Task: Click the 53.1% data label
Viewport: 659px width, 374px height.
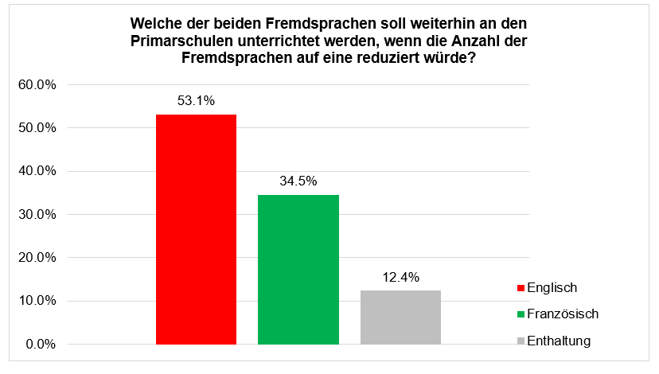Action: coord(197,101)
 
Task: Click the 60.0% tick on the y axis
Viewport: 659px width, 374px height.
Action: coord(37,85)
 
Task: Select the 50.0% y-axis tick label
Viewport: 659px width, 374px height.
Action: coord(37,128)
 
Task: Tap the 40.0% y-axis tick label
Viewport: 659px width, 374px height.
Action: coord(37,171)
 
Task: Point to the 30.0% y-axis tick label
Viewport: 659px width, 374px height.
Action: coord(37,215)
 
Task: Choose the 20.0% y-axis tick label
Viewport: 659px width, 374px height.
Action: coord(37,258)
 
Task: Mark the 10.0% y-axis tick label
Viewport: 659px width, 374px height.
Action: coord(37,301)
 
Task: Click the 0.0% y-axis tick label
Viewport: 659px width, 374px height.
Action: coord(41,345)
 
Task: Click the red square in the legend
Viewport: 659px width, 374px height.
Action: coord(521,288)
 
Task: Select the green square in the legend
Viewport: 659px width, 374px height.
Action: coord(521,314)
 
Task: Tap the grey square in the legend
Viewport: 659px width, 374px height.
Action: coord(521,341)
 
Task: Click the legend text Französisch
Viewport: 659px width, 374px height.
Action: coord(563,314)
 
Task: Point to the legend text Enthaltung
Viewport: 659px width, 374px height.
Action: coord(560,341)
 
